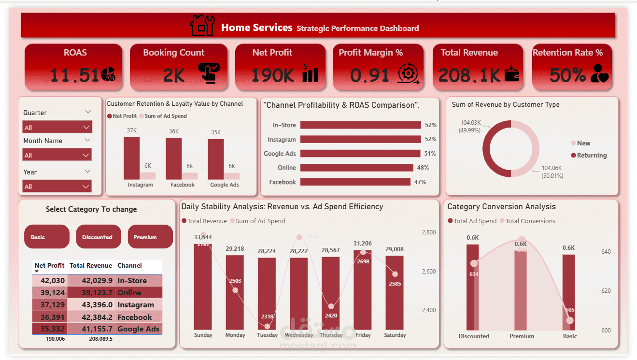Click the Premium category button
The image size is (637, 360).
[150, 237]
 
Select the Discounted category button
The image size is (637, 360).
[98, 237]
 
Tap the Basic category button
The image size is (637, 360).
[46, 237]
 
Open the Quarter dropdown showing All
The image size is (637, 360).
[57, 128]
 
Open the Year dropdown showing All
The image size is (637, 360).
[57, 187]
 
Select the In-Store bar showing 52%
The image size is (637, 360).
[360, 125]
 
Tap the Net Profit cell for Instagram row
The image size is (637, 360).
[50, 305]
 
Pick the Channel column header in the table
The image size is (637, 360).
[129, 265]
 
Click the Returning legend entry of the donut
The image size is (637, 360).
[589, 155]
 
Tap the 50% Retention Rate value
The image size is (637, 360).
[567, 75]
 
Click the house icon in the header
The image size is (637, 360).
[202, 25]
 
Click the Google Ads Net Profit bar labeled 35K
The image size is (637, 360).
[216, 159]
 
